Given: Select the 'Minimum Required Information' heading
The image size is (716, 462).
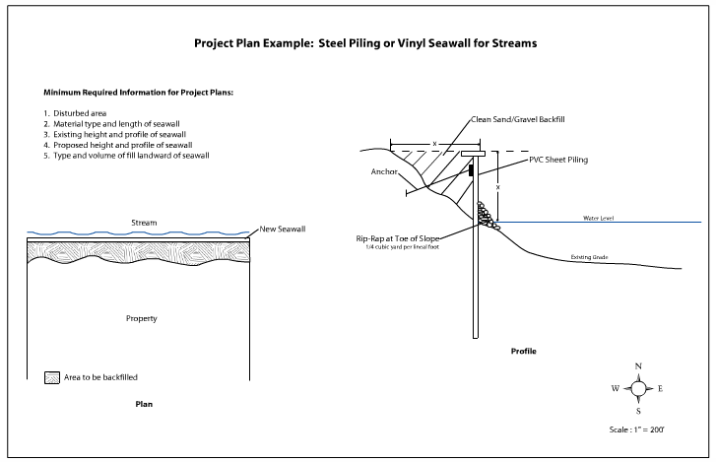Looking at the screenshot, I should (x=131, y=92).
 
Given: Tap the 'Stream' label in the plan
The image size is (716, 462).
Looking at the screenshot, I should (x=144, y=223).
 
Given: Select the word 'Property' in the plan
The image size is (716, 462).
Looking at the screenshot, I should (x=143, y=318).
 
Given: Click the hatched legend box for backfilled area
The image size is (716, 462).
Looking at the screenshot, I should (x=52, y=377).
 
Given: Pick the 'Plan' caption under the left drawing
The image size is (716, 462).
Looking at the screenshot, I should (x=144, y=404).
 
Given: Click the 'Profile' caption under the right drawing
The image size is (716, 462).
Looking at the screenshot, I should (x=524, y=351).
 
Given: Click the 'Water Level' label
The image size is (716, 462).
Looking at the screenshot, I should (x=599, y=218).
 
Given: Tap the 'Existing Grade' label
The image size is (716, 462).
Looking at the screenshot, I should (x=591, y=257).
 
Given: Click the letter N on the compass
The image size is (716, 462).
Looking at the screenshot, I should (x=638, y=367).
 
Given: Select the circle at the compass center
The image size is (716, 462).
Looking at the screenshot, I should (x=638, y=388).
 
